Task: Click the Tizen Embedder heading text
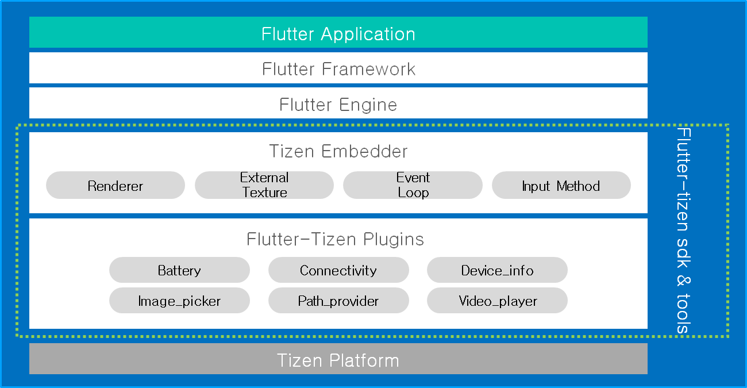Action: pos(338,151)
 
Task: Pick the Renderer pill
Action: pos(115,186)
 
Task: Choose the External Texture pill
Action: pos(264,185)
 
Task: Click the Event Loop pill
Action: pos(413,185)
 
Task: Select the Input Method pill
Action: pos(561,186)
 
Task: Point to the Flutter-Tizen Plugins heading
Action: pos(335,239)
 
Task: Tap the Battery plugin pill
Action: pos(179,270)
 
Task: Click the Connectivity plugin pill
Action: pos(338,270)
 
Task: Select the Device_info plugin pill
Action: pos(497,270)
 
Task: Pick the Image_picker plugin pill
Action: pos(179,301)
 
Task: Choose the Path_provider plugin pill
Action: pos(338,301)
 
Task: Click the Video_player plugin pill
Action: pos(497,301)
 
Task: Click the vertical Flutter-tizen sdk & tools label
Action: pos(684,230)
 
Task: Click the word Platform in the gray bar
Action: pos(364,360)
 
